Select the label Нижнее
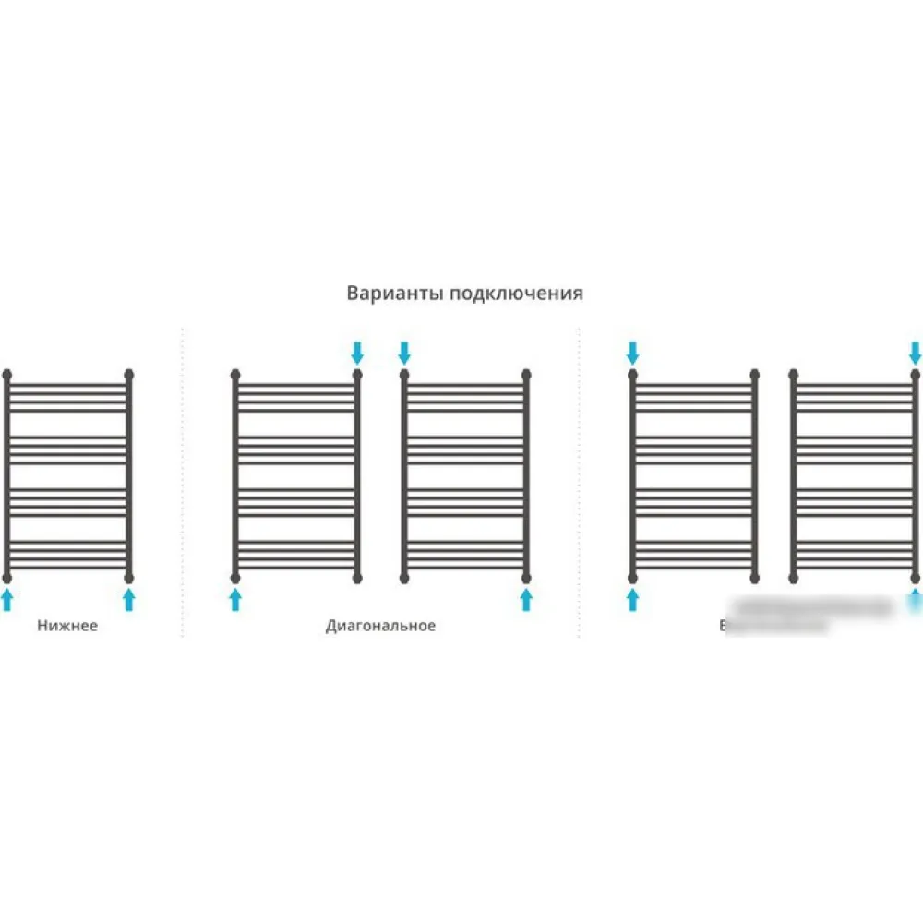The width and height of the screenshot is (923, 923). (x=67, y=626)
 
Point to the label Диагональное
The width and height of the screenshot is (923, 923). (x=380, y=626)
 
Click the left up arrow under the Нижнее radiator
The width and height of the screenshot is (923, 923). (x=7, y=600)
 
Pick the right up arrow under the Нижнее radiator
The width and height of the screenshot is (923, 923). (x=129, y=600)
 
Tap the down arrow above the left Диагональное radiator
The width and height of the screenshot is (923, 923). (x=358, y=352)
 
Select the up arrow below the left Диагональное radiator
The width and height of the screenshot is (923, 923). (x=235, y=600)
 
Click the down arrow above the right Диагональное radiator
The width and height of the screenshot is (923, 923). (x=403, y=352)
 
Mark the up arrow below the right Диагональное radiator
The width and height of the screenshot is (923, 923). (x=526, y=600)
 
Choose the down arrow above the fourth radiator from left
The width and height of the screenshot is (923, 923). (x=632, y=352)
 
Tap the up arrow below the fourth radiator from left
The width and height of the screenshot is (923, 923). (x=632, y=600)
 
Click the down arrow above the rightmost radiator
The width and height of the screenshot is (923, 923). (x=915, y=352)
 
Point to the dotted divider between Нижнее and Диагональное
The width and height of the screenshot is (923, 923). (x=183, y=480)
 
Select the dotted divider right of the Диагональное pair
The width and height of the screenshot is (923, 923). (x=579, y=480)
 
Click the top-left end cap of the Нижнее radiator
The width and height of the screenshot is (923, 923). (x=7, y=375)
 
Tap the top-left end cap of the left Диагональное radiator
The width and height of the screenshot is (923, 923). (x=235, y=375)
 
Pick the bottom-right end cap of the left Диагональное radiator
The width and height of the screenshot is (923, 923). (x=358, y=578)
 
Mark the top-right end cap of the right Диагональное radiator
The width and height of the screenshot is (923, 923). (x=526, y=375)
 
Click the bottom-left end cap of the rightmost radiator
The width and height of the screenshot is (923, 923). (x=794, y=578)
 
